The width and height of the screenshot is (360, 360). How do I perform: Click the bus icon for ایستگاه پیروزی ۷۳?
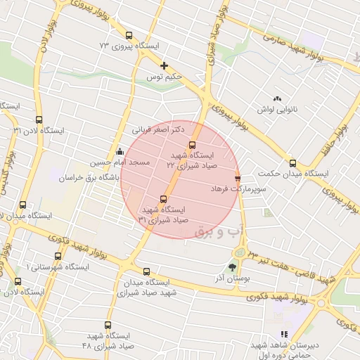pos(128,35)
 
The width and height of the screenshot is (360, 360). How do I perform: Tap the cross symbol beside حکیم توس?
pos(164,65)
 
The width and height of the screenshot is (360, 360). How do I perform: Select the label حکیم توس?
pos(164,76)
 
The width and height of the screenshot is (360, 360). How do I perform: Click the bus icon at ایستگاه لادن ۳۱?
pos(38,120)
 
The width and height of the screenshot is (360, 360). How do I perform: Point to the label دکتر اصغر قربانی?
pos(158,129)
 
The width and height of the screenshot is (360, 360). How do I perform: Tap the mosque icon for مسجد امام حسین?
pos(120,151)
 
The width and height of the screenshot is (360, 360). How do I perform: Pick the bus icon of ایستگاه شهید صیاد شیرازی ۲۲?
pos(193,146)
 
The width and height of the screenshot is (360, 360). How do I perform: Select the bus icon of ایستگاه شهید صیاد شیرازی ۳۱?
pos(164,199)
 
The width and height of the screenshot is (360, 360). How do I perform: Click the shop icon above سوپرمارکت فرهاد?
pos(238,179)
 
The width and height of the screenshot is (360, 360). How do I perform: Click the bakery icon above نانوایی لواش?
pos(277,98)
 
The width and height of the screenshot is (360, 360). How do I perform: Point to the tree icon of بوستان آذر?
pos(232,267)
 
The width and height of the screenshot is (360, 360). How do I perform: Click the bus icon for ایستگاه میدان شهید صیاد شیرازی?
pos(146,271)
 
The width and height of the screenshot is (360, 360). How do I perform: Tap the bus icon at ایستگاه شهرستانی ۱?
pos(58,256)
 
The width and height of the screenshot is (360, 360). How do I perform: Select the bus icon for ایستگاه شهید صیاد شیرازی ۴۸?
pos(108,325)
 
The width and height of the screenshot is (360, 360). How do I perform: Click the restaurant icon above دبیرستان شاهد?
pos(283,334)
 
